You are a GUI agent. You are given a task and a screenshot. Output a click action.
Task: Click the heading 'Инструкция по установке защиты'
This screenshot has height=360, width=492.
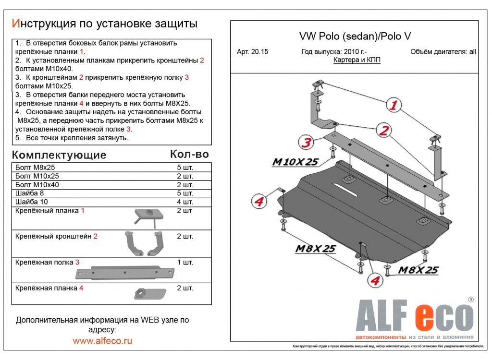(104, 24)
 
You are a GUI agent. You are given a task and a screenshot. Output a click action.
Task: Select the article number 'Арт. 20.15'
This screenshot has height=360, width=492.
(252, 52)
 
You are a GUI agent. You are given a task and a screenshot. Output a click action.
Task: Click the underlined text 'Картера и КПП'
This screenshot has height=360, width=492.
(357, 60)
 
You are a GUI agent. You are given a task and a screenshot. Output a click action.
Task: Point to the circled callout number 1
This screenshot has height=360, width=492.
(394, 106)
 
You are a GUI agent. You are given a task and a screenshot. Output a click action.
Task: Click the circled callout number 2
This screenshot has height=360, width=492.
(383, 130)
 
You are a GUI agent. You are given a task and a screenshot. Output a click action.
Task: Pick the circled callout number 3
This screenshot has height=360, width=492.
(306, 142)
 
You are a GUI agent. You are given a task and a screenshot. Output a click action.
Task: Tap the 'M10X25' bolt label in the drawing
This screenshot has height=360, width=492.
(295, 162)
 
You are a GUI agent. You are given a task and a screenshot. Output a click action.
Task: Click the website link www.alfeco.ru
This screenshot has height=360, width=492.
(102, 341)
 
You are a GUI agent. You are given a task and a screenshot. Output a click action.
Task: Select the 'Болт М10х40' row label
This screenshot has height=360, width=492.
(37, 184)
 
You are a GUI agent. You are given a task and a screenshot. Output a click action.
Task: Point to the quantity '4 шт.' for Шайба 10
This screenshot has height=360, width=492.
(185, 202)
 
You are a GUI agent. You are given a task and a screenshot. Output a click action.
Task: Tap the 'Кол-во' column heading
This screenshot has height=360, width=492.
(189, 154)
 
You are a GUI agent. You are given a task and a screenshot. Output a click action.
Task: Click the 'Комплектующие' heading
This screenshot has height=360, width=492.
(59, 155)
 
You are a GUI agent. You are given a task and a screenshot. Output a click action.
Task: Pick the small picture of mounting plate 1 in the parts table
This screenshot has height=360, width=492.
(147, 216)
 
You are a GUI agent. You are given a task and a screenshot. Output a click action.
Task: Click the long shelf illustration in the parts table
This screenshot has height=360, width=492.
(124, 272)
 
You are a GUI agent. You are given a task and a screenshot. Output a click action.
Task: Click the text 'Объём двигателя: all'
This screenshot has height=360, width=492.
(443, 52)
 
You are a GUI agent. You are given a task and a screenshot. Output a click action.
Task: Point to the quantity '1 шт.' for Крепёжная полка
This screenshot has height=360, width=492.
(185, 263)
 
